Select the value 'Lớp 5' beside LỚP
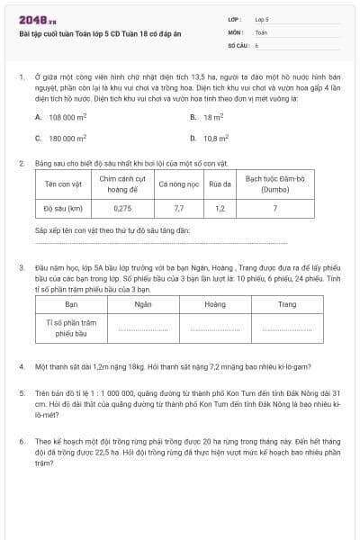pos(262,18)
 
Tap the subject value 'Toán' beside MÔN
pos(261,31)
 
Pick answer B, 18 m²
pos(212,117)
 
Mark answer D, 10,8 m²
pos(216,139)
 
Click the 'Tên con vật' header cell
pos(63,184)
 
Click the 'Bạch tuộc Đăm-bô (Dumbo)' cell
pos(275,184)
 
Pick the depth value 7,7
pos(178,208)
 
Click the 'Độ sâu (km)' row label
pos(63,208)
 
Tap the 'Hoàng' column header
pos(215,304)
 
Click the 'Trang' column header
pos(286,304)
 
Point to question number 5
pos(22,393)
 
